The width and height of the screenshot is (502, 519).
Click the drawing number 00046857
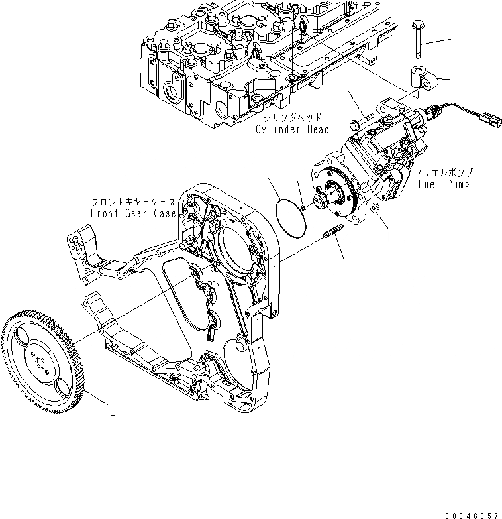pos(471,513)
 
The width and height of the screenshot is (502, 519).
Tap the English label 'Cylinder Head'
pos(292,129)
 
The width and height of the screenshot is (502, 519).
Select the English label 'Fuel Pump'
pos(443,183)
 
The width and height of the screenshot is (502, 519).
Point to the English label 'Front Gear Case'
pos(134,213)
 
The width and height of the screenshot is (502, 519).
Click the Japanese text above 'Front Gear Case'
pos(134,202)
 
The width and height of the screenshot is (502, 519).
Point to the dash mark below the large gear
pos(113,415)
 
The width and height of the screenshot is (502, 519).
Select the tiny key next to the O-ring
pos(303,207)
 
